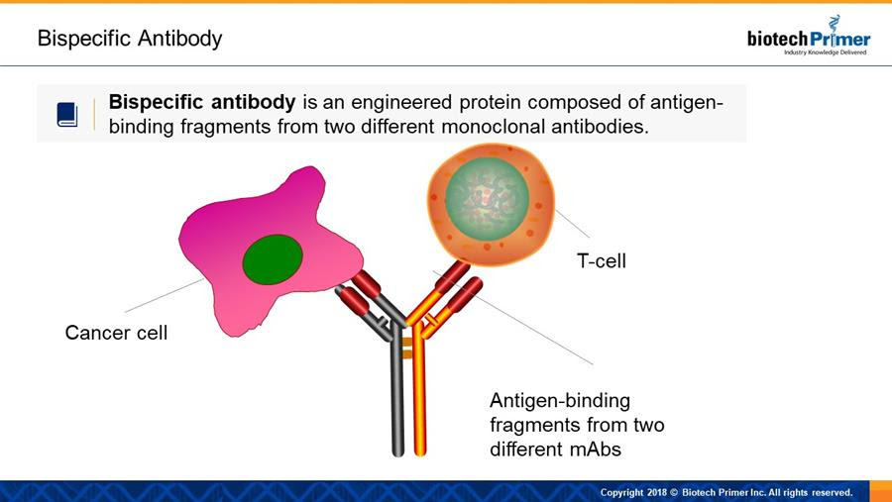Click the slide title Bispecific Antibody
tap(130, 39)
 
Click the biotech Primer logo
tap(809, 36)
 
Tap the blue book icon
tap(67, 114)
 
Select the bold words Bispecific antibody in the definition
tap(202, 102)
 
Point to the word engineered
tap(401, 103)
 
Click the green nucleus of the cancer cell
tap(273, 259)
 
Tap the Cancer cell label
tap(116, 333)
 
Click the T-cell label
tap(602, 261)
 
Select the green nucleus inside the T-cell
tap(487, 198)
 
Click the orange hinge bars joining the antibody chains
tap(407, 348)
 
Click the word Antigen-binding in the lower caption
tap(560, 401)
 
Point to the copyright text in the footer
tap(726, 492)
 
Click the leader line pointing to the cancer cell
tap(165, 295)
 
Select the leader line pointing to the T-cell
tap(572, 224)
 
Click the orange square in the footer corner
tap(881, 491)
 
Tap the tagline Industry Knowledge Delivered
tap(825, 52)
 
